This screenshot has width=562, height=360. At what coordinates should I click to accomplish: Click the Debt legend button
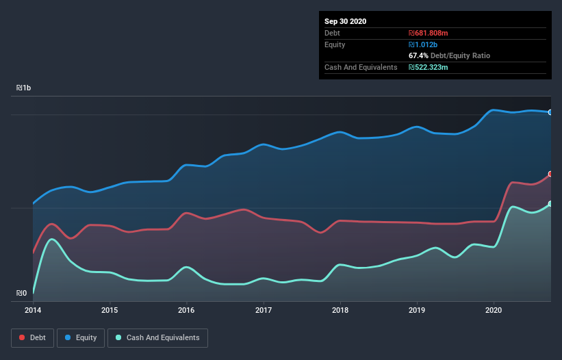[32, 337]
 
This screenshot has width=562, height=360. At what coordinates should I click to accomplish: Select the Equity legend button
[80, 337]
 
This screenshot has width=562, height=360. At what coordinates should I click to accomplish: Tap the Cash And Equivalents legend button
[157, 337]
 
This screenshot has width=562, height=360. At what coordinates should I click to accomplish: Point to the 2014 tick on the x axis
[33, 309]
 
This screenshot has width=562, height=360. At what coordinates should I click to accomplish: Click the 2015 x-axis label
[110, 309]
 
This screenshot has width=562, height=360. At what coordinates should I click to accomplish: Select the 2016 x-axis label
[186, 309]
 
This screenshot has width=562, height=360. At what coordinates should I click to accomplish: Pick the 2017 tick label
[264, 309]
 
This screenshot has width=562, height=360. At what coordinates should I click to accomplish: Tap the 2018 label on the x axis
[340, 309]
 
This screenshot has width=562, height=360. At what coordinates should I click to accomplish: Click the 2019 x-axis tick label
[417, 309]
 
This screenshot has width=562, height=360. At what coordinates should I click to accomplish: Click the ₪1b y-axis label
[24, 88]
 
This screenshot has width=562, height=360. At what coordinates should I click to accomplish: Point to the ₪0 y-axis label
[21, 294]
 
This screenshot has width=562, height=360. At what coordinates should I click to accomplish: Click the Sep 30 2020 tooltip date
[346, 21]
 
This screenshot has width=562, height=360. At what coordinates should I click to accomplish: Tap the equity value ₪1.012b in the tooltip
[423, 44]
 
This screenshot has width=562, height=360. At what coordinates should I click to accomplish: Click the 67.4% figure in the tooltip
[418, 55]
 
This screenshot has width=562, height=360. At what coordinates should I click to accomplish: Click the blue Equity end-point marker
[550, 112]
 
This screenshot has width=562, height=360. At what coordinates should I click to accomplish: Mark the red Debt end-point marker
[550, 174]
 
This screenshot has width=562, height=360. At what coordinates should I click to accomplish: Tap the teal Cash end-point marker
[550, 204]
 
